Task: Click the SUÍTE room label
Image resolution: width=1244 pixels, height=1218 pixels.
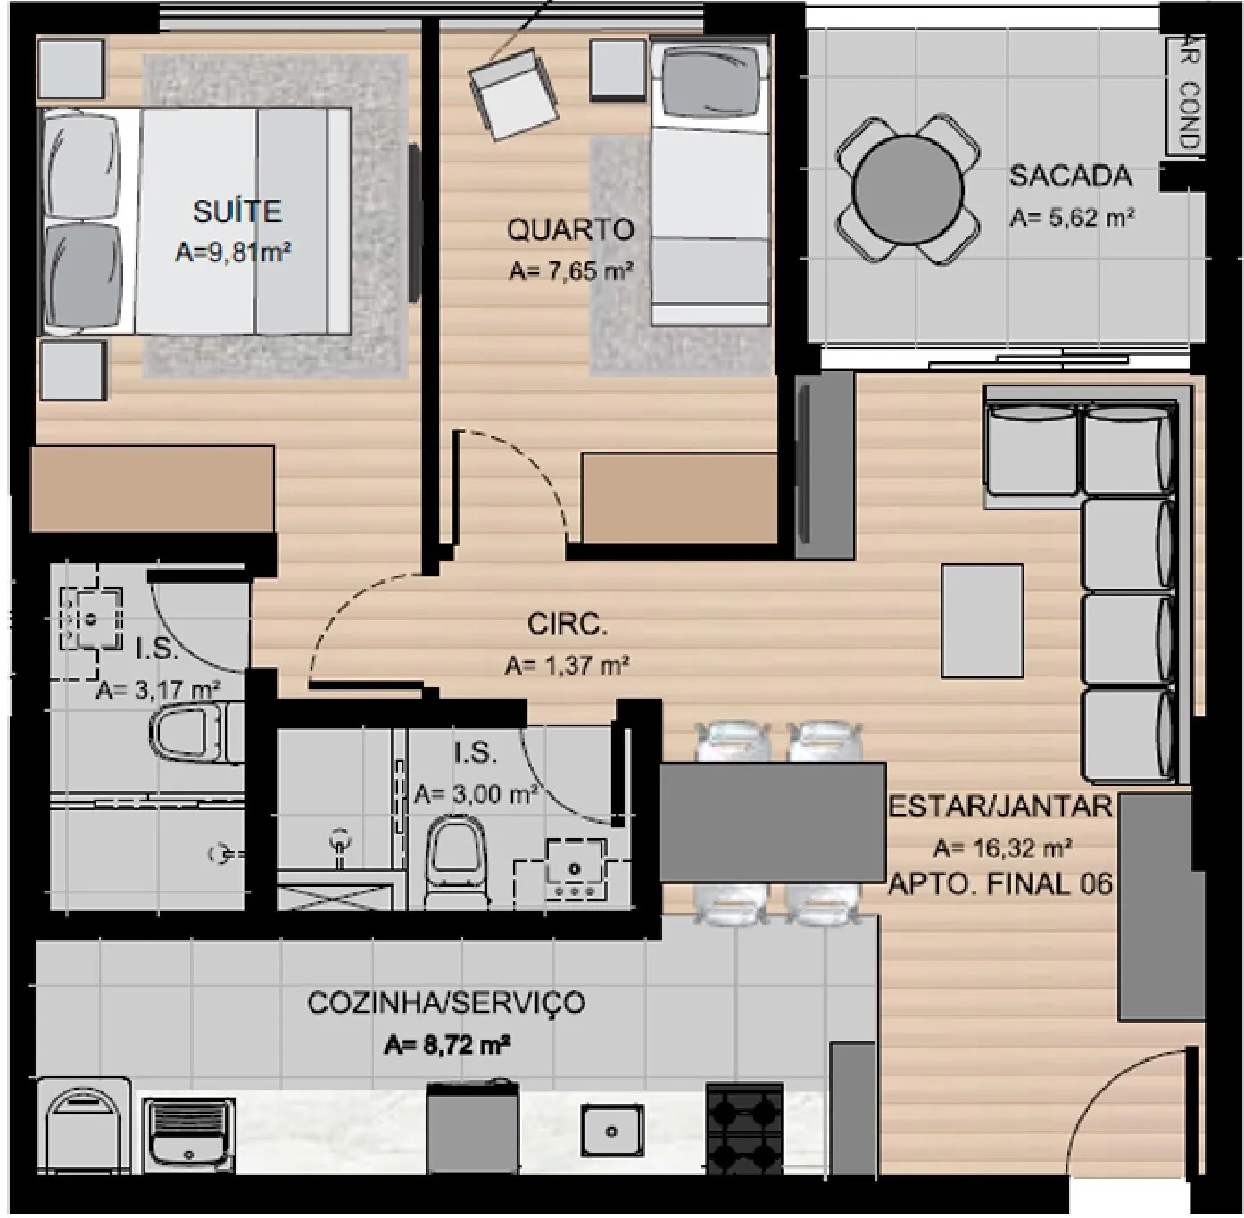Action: [x=237, y=211]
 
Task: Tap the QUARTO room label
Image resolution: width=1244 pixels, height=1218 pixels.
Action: [x=570, y=230]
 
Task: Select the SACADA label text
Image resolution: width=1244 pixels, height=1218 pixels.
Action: [x=1071, y=177]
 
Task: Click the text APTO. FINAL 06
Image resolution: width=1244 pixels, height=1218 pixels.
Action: [x=1000, y=883]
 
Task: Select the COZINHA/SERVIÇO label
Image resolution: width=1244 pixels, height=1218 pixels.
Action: [x=446, y=1003]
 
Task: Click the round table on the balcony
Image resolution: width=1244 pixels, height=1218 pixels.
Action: [x=908, y=189]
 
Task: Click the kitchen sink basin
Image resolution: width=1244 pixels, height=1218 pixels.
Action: [x=611, y=1131]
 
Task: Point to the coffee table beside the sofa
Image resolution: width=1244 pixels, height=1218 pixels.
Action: [x=982, y=621]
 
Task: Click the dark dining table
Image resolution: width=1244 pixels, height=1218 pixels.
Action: [x=772, y=823]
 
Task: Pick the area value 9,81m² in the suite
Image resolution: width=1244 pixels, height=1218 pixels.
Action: [x=232, y=253]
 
